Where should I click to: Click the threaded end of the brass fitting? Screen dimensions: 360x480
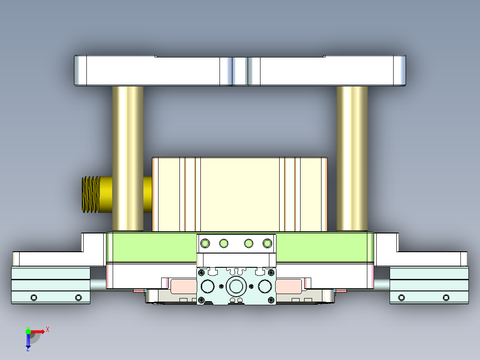[91, 194]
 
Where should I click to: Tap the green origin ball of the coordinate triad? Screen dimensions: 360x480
[28, 331]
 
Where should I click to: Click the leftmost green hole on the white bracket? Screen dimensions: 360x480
[205, 243]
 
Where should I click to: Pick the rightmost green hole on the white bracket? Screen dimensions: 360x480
[267, 243]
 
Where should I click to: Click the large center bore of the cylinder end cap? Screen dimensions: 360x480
[236, 286]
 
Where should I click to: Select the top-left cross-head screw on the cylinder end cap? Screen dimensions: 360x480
[202, 272]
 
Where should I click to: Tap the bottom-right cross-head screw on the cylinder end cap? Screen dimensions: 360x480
[270, 300]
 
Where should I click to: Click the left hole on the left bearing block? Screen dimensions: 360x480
[33, 297]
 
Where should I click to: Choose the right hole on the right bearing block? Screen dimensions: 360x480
[446, 297]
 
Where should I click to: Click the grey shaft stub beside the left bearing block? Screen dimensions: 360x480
[98, 284]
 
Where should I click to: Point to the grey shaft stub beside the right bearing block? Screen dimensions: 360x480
[382, 284]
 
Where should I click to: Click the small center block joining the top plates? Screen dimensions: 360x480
[240, 71]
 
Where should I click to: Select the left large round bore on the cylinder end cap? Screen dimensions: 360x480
[207, 286]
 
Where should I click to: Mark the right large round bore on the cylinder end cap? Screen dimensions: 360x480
[264, 286]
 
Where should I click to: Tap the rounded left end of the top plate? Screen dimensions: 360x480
[80, 71]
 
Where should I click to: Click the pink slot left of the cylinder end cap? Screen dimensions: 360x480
[183, 286]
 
